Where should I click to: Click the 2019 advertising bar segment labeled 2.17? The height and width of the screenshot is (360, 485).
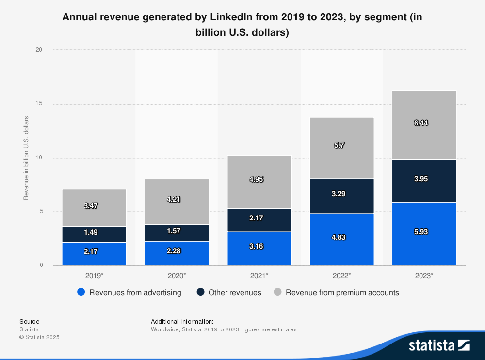[94, 254]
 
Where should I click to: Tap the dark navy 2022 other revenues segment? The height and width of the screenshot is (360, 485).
[341, 196]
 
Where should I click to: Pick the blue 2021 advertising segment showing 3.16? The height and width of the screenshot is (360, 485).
[259, 248]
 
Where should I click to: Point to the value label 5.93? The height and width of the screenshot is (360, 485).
[424, 232]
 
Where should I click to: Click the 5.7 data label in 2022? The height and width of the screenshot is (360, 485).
[339, 145]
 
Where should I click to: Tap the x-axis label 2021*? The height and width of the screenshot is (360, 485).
[259, 275]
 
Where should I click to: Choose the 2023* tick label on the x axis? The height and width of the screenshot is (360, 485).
[424, 275]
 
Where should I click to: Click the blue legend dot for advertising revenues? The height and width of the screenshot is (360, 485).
[81, 292]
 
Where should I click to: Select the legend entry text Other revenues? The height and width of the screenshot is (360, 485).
[235, 292]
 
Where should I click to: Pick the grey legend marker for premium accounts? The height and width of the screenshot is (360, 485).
[278, 292]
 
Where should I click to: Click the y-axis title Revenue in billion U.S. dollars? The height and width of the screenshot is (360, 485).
[26, 158]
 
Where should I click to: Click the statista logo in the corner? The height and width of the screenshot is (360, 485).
[439, 345]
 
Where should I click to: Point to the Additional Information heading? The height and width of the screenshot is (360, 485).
[182, 321]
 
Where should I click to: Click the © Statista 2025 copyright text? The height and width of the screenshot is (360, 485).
[39, 337]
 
